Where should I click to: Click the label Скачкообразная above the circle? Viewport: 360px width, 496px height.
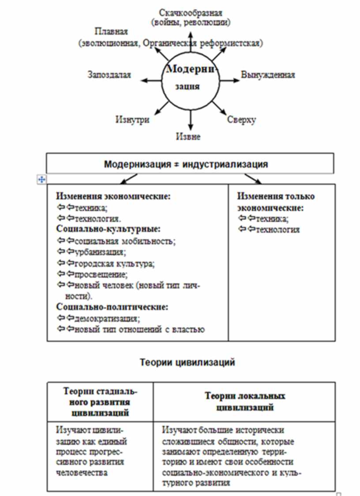(x=191, y=12)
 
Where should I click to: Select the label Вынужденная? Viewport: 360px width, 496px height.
(x=268, y=75)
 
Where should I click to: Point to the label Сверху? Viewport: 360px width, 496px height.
(x=241, y=119)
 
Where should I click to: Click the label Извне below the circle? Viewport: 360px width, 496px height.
(x=188, y=137)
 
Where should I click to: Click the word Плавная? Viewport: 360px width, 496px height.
(x=111, y=32)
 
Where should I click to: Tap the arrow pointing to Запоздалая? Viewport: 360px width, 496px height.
(x=151, y=81)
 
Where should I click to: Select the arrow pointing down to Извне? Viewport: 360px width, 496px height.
(x=191, y=120)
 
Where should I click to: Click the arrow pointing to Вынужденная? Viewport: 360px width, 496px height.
(x=230, y=81)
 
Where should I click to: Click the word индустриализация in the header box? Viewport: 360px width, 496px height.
(x=229, y=164)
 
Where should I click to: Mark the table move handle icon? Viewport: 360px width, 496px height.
(x=42, y=179)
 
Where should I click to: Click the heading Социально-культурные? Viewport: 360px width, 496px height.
(x=108, y=229)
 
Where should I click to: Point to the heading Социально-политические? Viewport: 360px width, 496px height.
(x=112, y=307)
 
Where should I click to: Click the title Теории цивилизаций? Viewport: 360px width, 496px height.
(x=187, y=362)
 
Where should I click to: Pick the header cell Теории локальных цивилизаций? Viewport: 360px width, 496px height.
(x=245, y=401)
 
